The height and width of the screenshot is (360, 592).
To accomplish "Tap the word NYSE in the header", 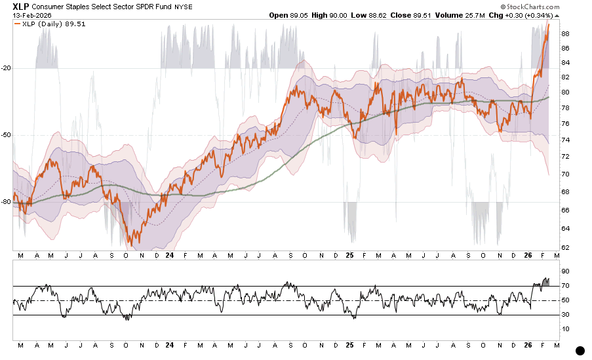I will (x=200, y=7).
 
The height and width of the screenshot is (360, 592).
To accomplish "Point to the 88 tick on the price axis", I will (x=564, y=34).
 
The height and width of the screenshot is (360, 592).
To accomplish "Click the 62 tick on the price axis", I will (x=564, y=247).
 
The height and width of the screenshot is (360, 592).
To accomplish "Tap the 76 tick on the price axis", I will (x=564, y=124).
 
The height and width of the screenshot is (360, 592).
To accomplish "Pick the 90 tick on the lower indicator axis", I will (x=564, y=271).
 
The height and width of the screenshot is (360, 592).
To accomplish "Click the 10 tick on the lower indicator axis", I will (x=564, y=329).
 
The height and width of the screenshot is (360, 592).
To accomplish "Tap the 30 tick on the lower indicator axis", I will (x=564, y=315).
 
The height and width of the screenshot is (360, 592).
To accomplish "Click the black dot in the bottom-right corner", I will (x=580, y=351).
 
